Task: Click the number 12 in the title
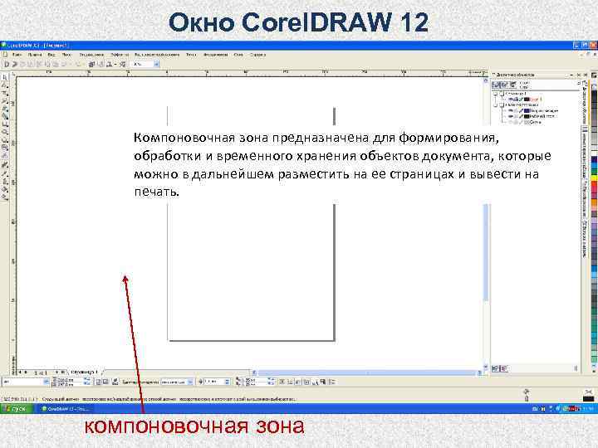coord(413,22)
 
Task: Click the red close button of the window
coord(591,45)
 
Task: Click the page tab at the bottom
coord(84,371)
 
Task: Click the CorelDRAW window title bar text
coord(37,45)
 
